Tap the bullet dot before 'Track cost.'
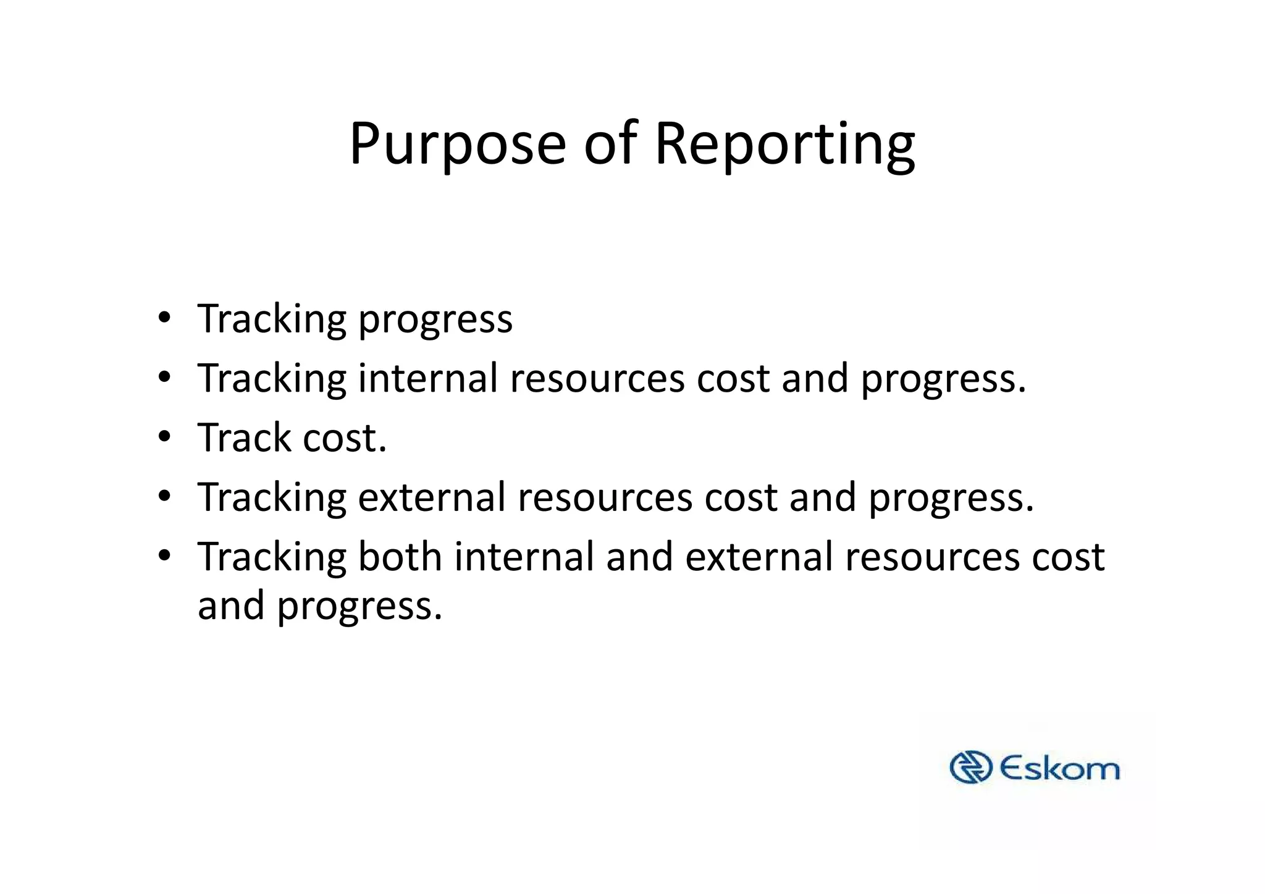(164, 438)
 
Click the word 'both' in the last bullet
(400, 556)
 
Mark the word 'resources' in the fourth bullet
(605, 498)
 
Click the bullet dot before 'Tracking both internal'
(164, 556)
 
